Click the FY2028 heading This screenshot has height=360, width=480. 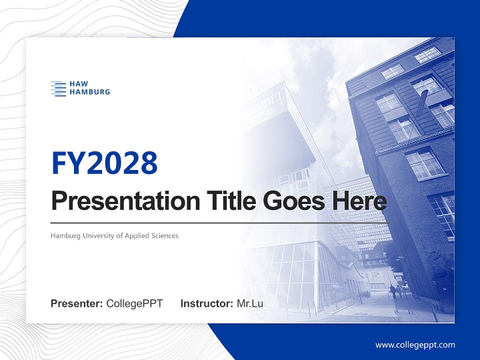pyautogui.click(x=104, y=162)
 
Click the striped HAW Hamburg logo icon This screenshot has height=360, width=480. pyautogui.click(x=58, y=88)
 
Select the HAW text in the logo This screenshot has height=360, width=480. pyautogui.click(x=79, y=84)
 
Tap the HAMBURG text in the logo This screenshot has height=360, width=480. pyautogui.click(x=89, y=92)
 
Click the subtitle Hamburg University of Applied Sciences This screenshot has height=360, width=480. pyautogui.click(x=114, y=235)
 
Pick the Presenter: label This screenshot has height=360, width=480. pyautogui.click(x=77, y=303)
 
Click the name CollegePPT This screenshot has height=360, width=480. pyautogui.click(x=134, y=303)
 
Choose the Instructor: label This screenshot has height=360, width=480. pyautogui.click(x=206, y=303)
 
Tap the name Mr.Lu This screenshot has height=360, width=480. pyautogui.click(x=250, y=303)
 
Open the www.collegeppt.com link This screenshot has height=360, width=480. pyautogui.click(x=415, y=345)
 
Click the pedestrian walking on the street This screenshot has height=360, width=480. pyautogui.click(x=393, y=291)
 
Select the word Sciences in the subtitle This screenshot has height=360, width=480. pyautogui.click(x=164, y=235)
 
